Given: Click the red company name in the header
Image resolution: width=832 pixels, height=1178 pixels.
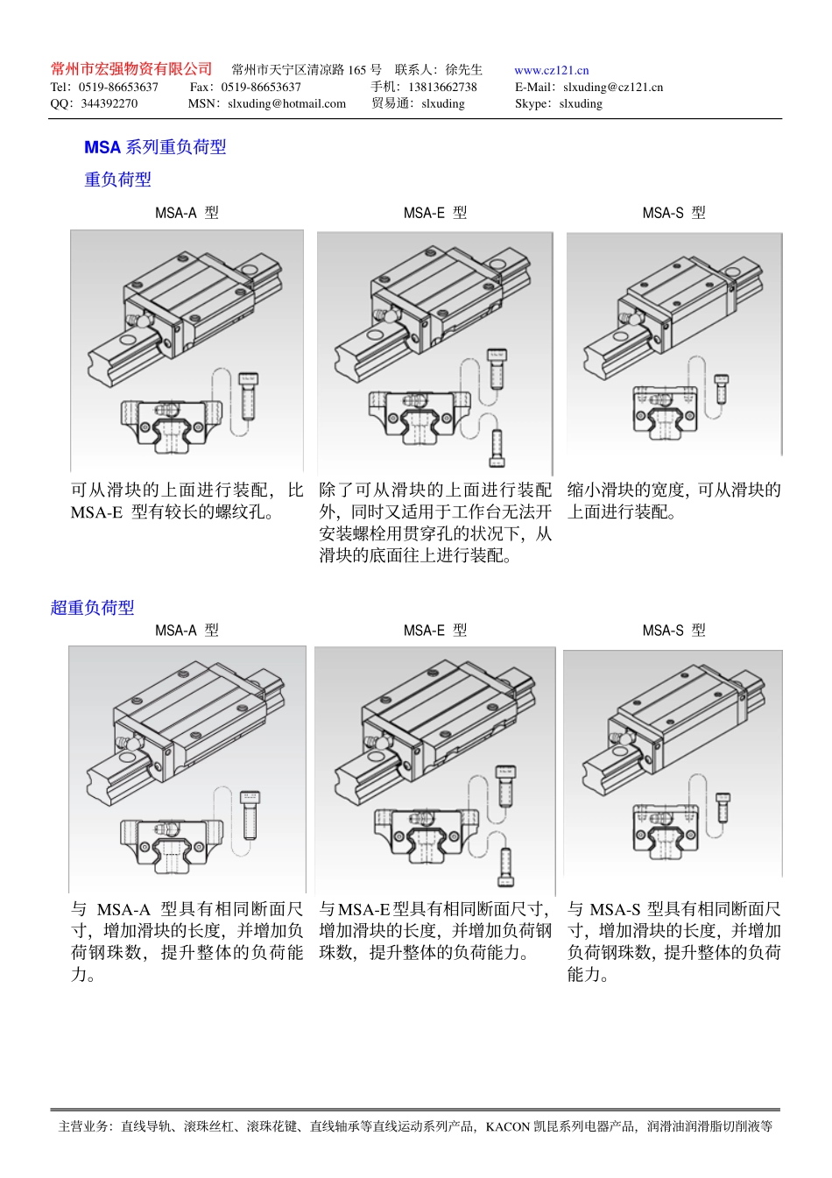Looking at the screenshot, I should click(x=131, y=69).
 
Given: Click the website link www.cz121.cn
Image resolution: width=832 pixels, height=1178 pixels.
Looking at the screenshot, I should click(x=551, y=70).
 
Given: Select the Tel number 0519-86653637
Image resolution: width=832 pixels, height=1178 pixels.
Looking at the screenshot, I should click(x=118, y=87).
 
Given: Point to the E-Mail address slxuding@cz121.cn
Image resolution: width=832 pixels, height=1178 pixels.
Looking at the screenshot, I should click(x=612, y=87).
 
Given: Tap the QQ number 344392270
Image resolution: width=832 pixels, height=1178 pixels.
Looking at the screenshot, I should click(x=109, y=103).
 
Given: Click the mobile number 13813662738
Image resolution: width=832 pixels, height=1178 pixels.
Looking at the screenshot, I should click(x=442, y=87).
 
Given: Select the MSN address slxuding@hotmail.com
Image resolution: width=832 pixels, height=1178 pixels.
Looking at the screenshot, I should click(x=286, y=103).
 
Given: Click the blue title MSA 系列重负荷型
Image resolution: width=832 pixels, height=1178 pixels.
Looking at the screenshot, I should click(x=155, y=147).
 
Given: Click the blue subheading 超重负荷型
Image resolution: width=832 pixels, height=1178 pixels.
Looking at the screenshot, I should click(x=92, y=607).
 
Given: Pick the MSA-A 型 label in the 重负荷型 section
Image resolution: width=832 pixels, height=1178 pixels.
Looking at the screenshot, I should click(x=187, y=213).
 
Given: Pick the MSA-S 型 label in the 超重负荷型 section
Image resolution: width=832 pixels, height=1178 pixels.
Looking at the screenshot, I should click(x=673, y=631).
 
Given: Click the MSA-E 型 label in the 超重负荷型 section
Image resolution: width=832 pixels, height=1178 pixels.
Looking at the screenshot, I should click(x=435, y=631).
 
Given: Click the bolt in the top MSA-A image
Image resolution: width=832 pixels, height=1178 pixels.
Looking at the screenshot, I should click(x=248, y=396).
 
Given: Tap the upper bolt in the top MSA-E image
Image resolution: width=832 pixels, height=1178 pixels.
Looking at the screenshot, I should click(x=497, y=368).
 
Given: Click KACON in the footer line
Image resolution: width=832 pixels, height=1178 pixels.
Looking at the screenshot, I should click(x=508, y=1126).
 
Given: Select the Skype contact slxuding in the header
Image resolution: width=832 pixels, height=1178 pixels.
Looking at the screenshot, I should click(x=581, y=103).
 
